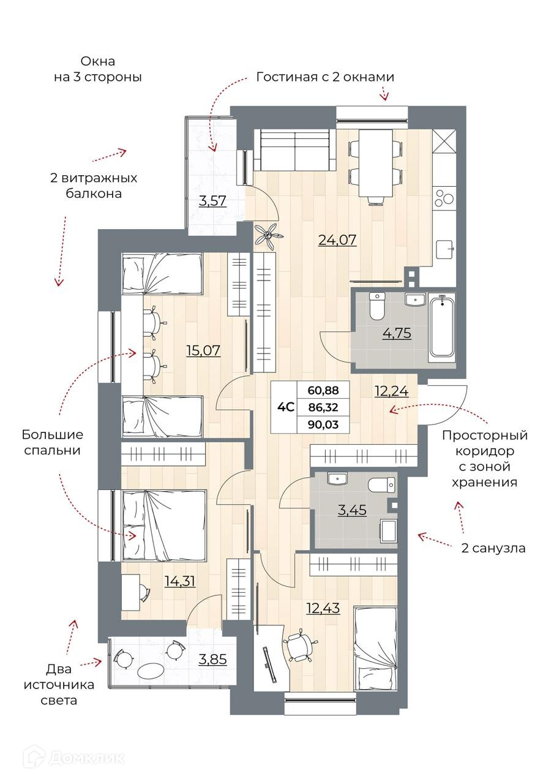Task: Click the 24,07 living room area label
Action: (x=337, y=240)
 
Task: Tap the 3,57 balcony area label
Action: (x=212, y=202)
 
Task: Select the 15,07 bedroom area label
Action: (x=203, y=350)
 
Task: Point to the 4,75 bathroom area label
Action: (x=397, y=333)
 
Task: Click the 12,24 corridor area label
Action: (x=391, y=391)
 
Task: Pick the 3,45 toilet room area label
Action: (x=352, y=510)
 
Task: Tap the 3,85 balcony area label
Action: (x=212, y=660)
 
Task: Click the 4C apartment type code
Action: (x=285, y=408)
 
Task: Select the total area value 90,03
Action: (x=323, y=425)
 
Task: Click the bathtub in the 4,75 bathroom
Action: (x=442, y=330)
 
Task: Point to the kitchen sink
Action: (x=445, y=249)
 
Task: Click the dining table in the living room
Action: (x=375, y=163)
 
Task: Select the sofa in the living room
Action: (x=295, y=150)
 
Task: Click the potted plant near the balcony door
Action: (x=269, y=236)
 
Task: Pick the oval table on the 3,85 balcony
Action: (x=151, y=671)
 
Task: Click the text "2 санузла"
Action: (x=493, y=548)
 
